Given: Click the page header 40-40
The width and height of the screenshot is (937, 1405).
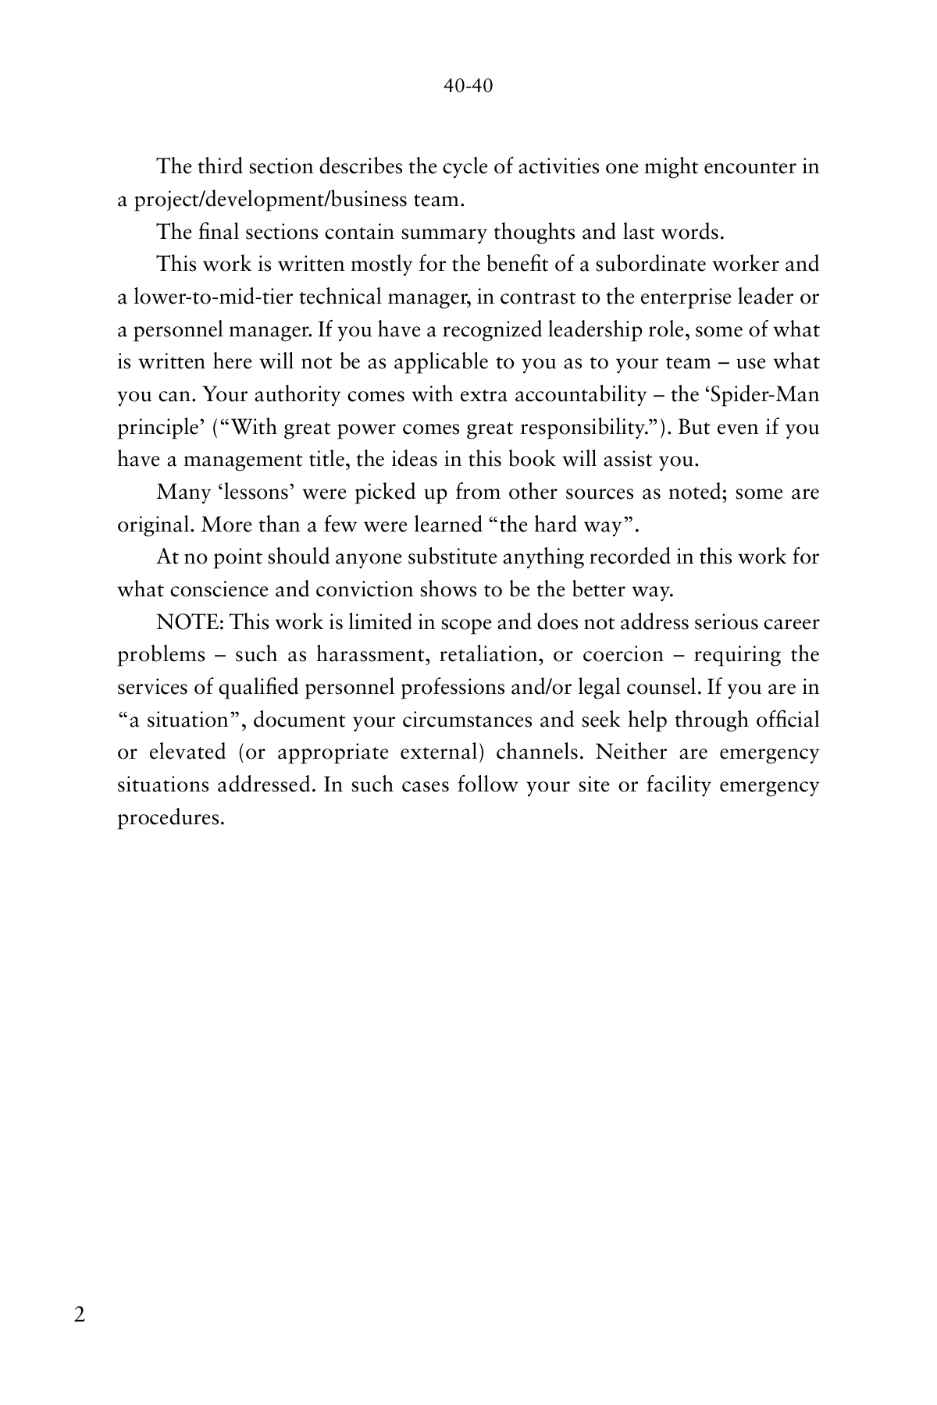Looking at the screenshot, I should tap(468, 87).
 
